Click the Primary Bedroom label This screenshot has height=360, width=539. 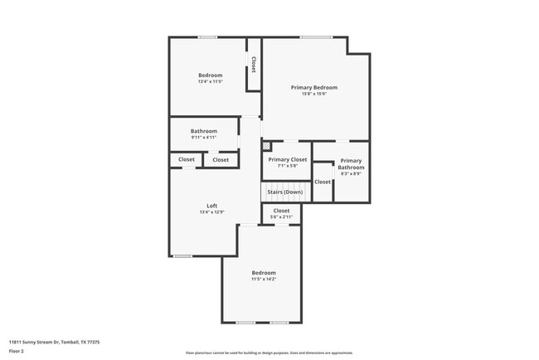(x=313, y=87)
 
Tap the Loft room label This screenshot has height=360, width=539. (x=211, y=206)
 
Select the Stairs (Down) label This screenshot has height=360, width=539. (x=284, y=192)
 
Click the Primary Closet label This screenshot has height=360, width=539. (x=288, y=159)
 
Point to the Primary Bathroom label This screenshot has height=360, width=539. (x=351, y=163)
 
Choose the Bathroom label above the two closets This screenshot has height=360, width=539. (x=203, y=131)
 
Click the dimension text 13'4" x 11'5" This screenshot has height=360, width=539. (x=210, y=81)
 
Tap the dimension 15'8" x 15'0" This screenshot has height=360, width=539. (x=313, y=94)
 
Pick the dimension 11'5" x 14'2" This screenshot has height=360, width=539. (x=264, y=279)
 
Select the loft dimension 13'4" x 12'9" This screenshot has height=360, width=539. (x=211, y=212)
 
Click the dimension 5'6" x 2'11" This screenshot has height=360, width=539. (x=282, y=216)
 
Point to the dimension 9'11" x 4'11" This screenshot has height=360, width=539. (x=203, y=137)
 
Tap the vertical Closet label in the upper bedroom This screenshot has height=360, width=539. (x=253, y=65)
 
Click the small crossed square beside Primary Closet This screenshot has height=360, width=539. (x=266, y=146)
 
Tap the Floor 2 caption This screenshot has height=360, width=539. (x=17, y=351)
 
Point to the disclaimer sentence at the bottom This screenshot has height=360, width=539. (x=269, y=353)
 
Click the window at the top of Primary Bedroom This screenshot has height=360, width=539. (x=315, y=36)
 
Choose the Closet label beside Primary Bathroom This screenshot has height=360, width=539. (x=323, y=182)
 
